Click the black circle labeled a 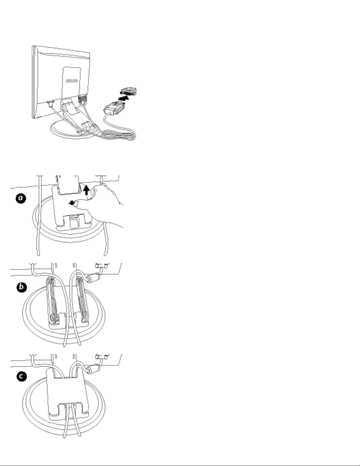pyautogui.click(x=21, y=199)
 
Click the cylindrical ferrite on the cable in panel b pyautogui.click(x=93, y=278)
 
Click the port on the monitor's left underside pyautogui.click(x=50, y=103)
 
